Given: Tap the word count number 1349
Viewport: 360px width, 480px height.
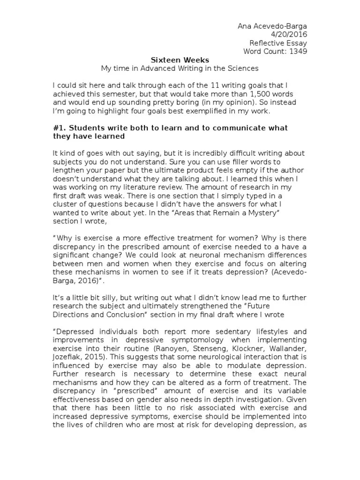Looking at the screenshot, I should (298, 52).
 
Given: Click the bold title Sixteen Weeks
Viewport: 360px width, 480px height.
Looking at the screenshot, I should (180, 60).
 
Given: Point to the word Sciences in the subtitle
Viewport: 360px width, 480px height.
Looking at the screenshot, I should (244, 68).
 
